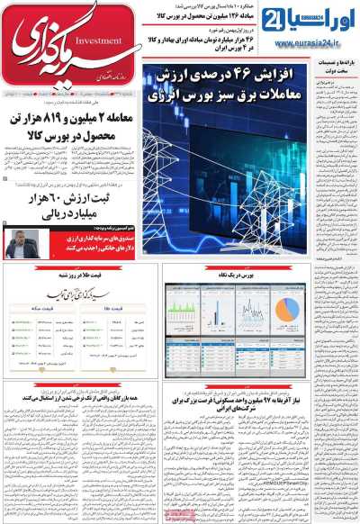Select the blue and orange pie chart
pyautogui.click(x=286, y=308)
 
